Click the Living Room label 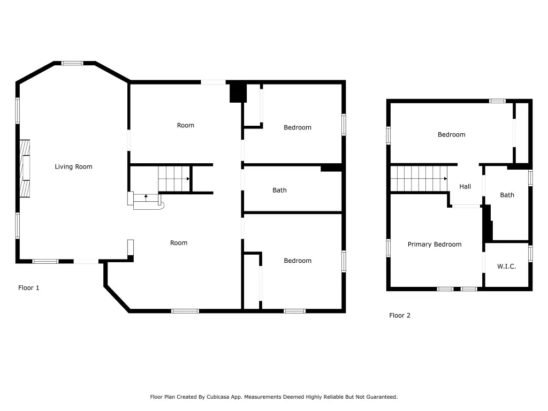[x=73, y=167]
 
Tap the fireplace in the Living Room [x=25, y=169]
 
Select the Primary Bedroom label [x=435, y=244]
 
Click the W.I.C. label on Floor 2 [x=506, y=267]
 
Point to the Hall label [x=465, y=187]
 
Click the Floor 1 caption [x=29, y=287]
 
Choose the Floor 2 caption [x=399, y=315]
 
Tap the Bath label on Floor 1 [x=279, y=190]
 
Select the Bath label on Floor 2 [x=507, y=195]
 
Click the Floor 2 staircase [x=418, y=179]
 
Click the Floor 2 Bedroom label [x=451, y=134]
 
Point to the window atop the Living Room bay [x=72, y=63]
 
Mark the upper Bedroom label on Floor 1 [x=298, y=127]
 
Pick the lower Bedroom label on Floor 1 [x=298, y=261]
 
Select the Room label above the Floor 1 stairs [x=185, y=125]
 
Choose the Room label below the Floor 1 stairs [x=179, y=243]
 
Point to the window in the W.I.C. [x=530, y=254]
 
